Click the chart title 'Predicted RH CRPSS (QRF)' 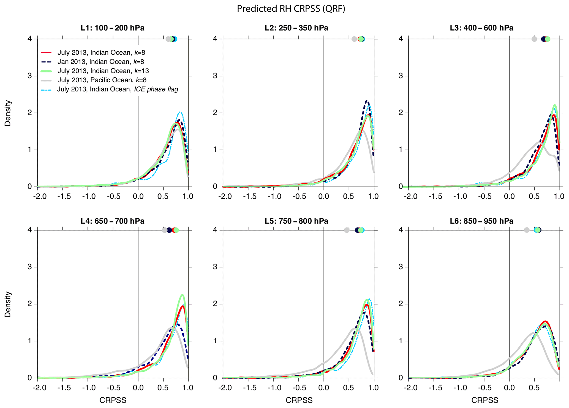click(x=291, y=9)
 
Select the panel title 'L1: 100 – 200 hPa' click(x=112, y=28)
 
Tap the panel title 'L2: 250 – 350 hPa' click(x=296, y=28)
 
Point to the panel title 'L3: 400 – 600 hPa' click(x=481, y=28)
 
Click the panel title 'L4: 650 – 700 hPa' click(x=112, y=221)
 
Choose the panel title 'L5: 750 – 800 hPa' click(x=296, y=221)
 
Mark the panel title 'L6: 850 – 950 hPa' click(x=481, y=221)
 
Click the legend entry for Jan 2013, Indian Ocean click(x=100, y=62)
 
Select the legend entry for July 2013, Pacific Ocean click(x=102, y=80)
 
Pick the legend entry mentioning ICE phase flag click(x=118, y=89)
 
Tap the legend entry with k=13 click(x=103, y=71)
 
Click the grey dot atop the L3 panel click(x=534, y=39)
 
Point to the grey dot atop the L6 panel click(x=527, y=230)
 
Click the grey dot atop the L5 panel click(x=347, y=230)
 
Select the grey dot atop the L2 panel click(x=354, y=39)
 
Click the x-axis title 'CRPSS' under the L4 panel click(x=113, y=400)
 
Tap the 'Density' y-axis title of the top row click(x=8, y=113)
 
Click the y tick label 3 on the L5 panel click(x=215, y=267)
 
